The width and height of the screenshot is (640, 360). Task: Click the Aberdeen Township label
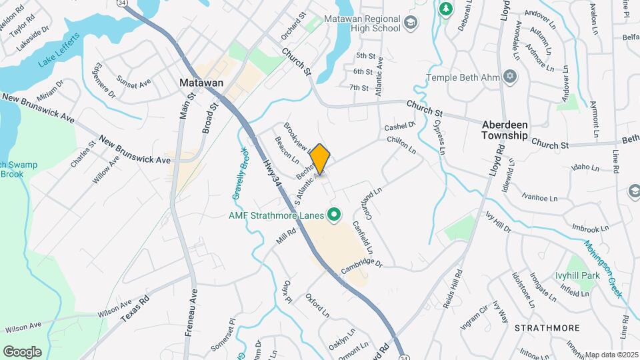coord(515,129)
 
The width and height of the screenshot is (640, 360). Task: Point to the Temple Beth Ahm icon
coord(511,76)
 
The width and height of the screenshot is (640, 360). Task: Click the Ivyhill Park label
coord(577,275)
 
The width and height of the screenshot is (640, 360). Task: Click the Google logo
coord(22,351)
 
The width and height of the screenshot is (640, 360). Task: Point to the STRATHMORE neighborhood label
coord(547,328)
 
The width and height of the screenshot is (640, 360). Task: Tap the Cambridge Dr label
coord(361,265)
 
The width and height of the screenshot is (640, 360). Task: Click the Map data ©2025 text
coord(612,355)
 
